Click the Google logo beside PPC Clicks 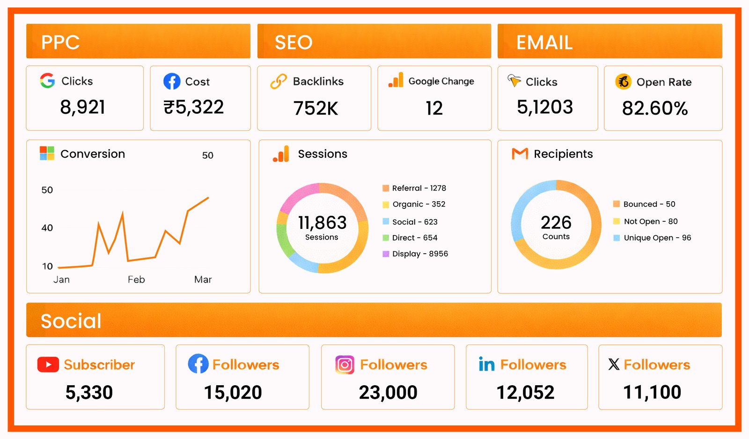[47, 80]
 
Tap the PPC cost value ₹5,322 [194, 107]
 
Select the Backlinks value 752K [316, 109]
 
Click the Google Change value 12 [434, 109]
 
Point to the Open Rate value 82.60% [654, 109]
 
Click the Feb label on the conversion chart [136, 279]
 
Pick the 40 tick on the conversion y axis [47, 228]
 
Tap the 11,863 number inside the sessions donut [322, 222]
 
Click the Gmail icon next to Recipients [520, 154]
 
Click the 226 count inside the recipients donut [556, 222]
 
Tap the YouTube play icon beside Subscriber [48, 365]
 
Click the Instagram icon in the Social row [345, 365]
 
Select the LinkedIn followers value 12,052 [525, 392]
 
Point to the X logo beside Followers [614, 364]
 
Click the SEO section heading [294, 43]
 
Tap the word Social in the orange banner [71, 321]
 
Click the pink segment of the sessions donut [298, 197]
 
